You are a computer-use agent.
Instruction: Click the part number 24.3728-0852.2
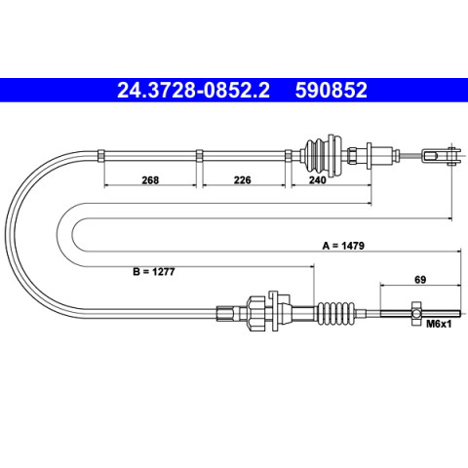(193, 90)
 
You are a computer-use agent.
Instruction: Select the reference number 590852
(331, 90)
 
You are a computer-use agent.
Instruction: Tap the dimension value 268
(150, 179)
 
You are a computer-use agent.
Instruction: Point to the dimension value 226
(243, 179)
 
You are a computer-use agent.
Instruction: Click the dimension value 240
(317, 179)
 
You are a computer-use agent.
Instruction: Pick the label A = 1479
(343, 246)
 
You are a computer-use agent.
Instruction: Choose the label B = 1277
(154, 271)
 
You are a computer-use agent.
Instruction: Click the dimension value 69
(420, 280)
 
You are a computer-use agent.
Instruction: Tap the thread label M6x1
(439, 324)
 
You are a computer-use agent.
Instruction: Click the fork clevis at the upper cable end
(442, 156)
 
